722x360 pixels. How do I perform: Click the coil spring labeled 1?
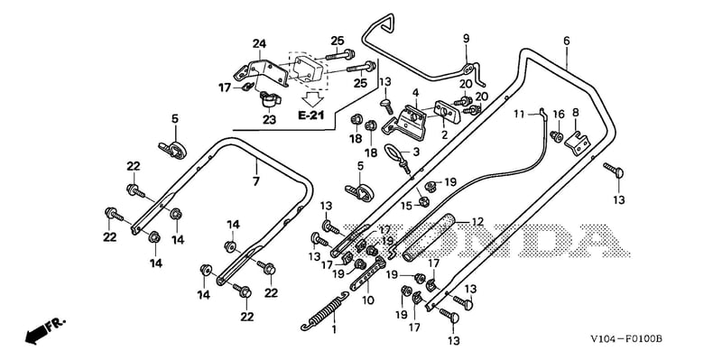tap(324, 311)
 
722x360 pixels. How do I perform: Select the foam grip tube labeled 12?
tap(428, 237)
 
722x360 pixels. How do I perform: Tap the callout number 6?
tap(567, 41)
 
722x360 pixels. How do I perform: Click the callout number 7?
tap(256, 181)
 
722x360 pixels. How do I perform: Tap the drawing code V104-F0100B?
tap(626, 340)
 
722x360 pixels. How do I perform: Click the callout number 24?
tap(259, 44)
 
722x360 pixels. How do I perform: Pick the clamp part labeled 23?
tap(268, 99)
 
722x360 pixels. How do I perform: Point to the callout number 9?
tap(466, 38)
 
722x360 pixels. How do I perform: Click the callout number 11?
tap(520, 115)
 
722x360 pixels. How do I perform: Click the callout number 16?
tap(558, 115)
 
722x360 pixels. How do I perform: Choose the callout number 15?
tap(407, 207)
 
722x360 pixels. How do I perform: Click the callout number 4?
tap(415, 93)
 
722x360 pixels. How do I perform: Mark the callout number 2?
tap(444, 134)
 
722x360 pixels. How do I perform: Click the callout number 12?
tap(478, 222)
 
